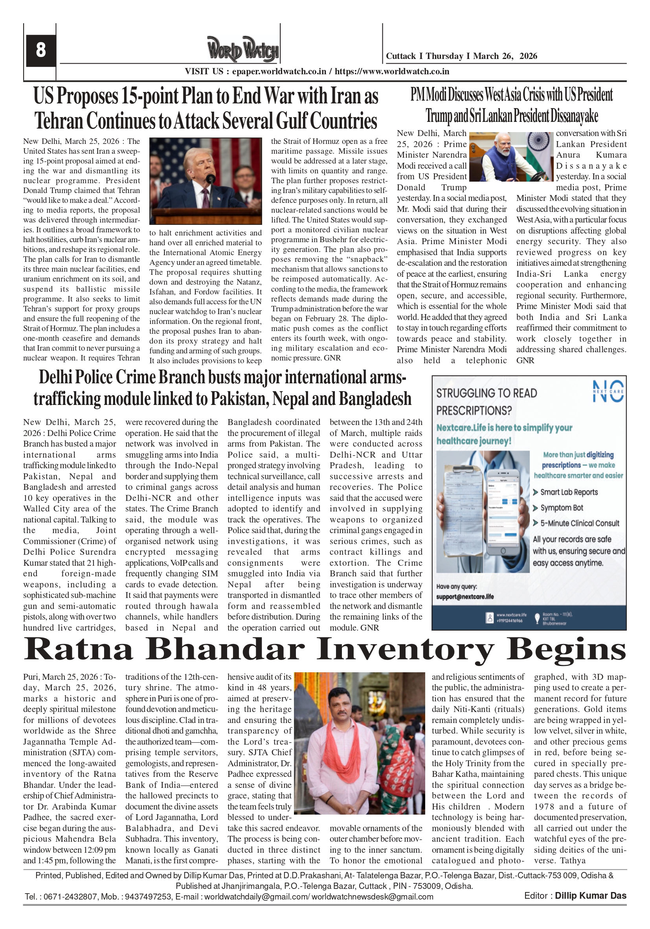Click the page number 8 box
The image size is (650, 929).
(x=40, y=50)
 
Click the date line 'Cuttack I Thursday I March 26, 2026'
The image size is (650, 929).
(x=461, y=56)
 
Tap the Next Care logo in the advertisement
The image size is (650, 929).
(x=608, y=391)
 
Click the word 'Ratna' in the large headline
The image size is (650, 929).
(x=79, y=650)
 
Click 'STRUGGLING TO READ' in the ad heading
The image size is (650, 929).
(x=486, y=393)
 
